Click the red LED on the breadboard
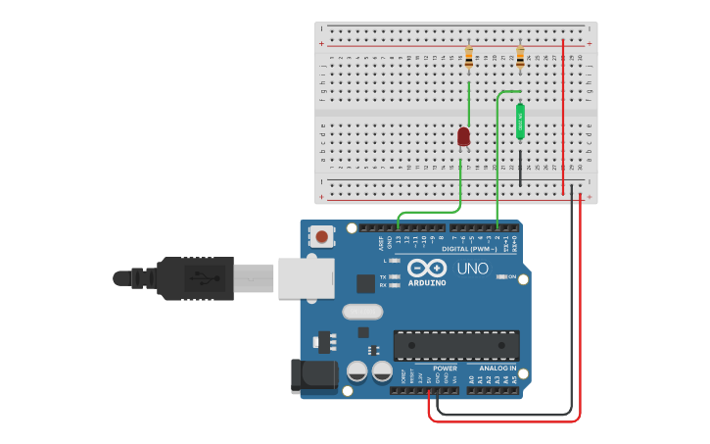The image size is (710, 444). (x=464, y=136)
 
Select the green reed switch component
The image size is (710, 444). (x=520, y=122)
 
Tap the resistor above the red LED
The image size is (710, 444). (x=469, y=58)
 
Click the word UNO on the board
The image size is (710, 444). (x=473, y=268)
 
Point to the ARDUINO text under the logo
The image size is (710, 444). (x=427, y=283)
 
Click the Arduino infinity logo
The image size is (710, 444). (x=427, y=268)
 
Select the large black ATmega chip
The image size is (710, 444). (x=456, y=345)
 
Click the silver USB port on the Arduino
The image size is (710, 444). (x=307, y=277)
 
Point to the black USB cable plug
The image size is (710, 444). (x=196, y=277)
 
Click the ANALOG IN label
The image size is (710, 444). (x=497, y=368)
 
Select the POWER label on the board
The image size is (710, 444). (x=445, y=368)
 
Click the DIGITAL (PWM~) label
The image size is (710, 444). (x=469, y=249)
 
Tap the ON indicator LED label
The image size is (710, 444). (x=512, y=276)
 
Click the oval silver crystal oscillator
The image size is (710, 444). (x=362, y=312)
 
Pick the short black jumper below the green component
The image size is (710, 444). (x=520, y=168)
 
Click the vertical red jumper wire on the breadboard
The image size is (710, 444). (x=563, y=118)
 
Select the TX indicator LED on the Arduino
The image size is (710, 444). (x=394, y=276)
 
